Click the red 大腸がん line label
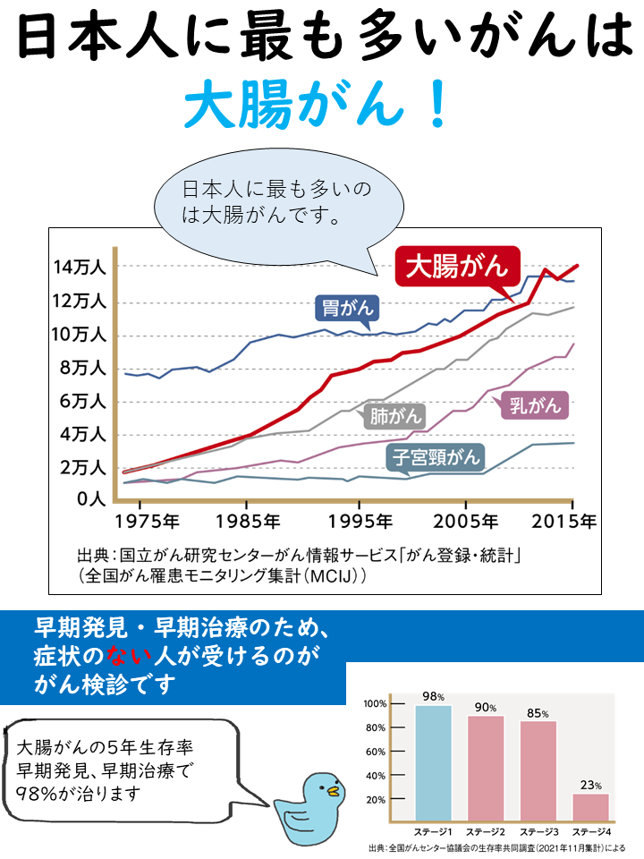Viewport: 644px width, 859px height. point(457,267)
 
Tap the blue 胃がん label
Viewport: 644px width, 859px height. point(347,309)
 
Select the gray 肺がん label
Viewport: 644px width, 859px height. point(394,415)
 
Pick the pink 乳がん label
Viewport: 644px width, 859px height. point(534,405)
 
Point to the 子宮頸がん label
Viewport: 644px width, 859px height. point(435,458)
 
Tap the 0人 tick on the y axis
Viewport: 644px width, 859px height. point(91,498)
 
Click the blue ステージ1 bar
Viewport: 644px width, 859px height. point(434,763)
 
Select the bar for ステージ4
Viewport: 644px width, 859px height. point(590,807)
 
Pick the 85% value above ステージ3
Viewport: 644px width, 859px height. point(538,713)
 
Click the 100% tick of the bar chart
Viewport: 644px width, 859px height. point(376,704)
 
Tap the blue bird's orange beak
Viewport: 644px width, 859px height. point(333,792)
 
